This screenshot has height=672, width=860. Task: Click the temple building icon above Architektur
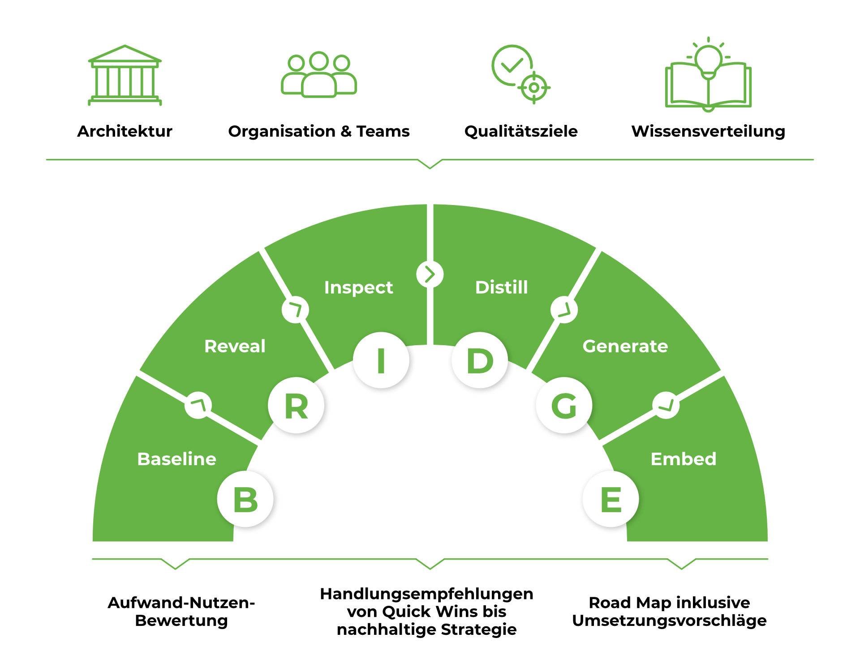click(125, 75)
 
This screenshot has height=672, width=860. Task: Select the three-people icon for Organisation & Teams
click(318, 75)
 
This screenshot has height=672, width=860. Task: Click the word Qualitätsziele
click(520, 131)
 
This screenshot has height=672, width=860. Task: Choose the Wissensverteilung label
click(708, 131)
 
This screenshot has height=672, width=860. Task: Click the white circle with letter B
click(245, 499)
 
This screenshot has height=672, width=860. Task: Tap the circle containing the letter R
click(296, 406)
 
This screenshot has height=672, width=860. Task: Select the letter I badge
click(381, 360)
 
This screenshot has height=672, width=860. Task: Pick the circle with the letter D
click(479, 360)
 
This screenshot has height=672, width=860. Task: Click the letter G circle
click(564, 406)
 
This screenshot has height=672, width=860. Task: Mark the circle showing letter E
click(611, 499)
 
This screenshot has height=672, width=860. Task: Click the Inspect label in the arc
click(358, 287)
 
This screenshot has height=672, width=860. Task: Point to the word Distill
click(501, 287)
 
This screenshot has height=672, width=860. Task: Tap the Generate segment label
click(625, 346)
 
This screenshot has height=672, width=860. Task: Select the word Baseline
click(176, 459)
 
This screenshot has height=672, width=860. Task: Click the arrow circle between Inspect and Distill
click(430, 274)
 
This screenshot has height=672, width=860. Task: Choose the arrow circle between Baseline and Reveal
click(198, 405)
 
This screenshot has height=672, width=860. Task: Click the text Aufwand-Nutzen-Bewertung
click(181, 612)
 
